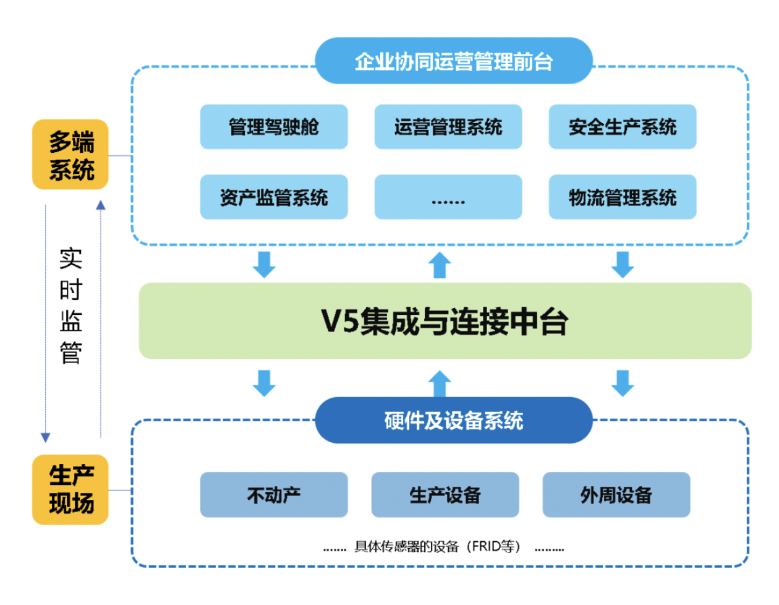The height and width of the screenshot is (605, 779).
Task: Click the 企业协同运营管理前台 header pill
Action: pos(454,61)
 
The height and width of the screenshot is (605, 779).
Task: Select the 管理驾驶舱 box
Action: pos(274,127)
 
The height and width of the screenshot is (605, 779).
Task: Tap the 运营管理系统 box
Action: pos(448,127)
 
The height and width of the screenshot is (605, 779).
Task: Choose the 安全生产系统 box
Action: pos(623,127)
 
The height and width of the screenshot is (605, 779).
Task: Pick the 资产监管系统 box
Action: pos(274,197)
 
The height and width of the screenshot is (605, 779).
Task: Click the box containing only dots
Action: pos(448,197)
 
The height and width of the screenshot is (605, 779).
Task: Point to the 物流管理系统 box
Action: pos(623,197)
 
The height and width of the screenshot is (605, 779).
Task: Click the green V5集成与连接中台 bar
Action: pos(445,321)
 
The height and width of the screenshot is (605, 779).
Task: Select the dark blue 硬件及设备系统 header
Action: pos(454,420)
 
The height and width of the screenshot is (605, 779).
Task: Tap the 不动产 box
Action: pos(274,495)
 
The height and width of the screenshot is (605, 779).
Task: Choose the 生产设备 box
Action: pos(445,495)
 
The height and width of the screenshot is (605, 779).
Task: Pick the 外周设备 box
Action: pos(616,495)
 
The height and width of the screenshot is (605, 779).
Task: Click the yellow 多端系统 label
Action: pos(70,155)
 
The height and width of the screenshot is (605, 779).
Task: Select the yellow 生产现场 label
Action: pos(70,490)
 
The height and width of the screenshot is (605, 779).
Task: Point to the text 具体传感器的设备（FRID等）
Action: pos(438,547)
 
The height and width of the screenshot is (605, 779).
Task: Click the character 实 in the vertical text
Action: pos(70,259)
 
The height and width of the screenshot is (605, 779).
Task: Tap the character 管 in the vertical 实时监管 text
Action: pos(70,353)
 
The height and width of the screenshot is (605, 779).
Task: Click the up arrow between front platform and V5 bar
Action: pos(440,265)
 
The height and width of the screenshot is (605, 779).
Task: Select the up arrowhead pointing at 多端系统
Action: pos(101,205)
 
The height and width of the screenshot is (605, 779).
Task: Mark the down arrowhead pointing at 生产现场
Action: pos(45,437)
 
